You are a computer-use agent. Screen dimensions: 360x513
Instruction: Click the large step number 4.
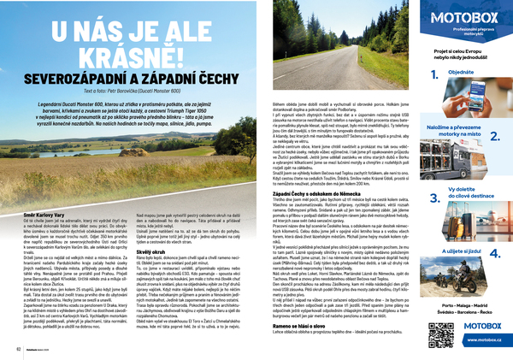pyautogui.click(x=494, y=254)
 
